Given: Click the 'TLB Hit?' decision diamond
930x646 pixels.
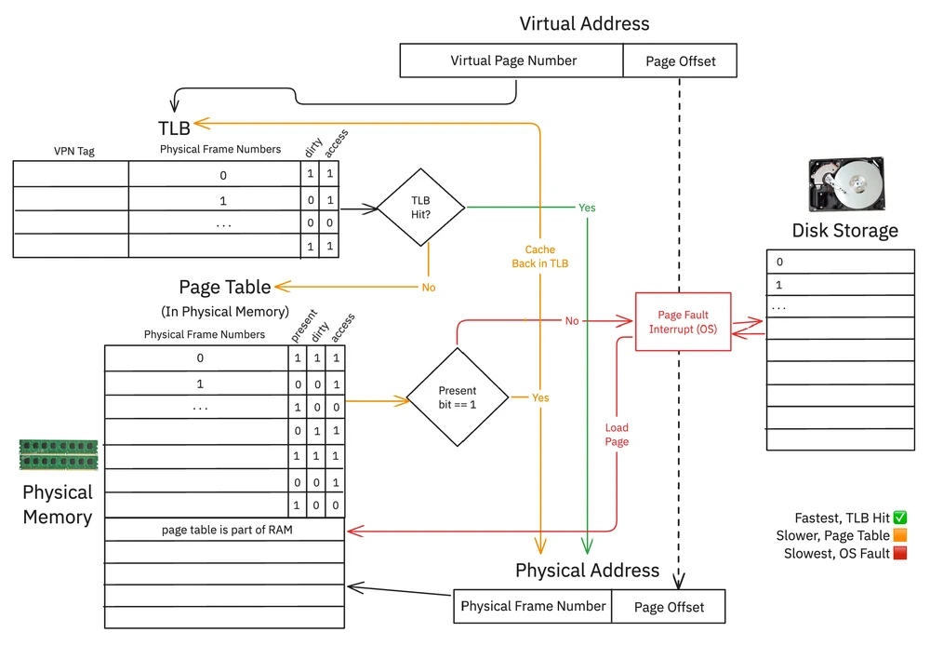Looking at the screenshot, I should pyautogui.click(x=420, y=207).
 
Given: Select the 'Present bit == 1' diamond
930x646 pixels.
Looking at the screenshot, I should pyautogui.click(x=457, y=397).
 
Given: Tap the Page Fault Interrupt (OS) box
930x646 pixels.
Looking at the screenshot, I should pyautogui.click(x=684, y=321).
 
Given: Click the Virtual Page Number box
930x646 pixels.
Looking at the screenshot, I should pyautogui.click(x=512, y=61).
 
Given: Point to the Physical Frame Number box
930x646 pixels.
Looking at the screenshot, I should pyautogui.click(x=533, y=606).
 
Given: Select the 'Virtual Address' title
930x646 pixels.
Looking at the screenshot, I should pyautogui.click(x=584, y=23).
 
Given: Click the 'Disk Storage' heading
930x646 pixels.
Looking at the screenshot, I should pyautogui.click(x=844, y=231).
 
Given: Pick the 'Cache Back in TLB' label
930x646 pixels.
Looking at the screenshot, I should pyautogui.click(x=539, y=257).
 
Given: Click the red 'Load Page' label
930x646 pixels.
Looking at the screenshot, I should pyautogui.click(x=617, y=435).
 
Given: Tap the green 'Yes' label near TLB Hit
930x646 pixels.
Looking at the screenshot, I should pyautogui.click(x=587, y=208).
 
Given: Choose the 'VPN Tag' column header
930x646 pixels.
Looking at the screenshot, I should pyautogui.click(x=73, y=150).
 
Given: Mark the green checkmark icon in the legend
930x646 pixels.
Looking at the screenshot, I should pyautogui.click(x=899, y=518).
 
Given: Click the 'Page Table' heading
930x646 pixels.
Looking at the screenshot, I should pyautogui.click(x=225, y=287).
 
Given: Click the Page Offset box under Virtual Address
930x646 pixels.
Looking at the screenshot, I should pyautogui.click(x=681, y=61).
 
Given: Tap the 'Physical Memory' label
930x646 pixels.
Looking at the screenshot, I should pyautogui.click(x=58, y=505).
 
